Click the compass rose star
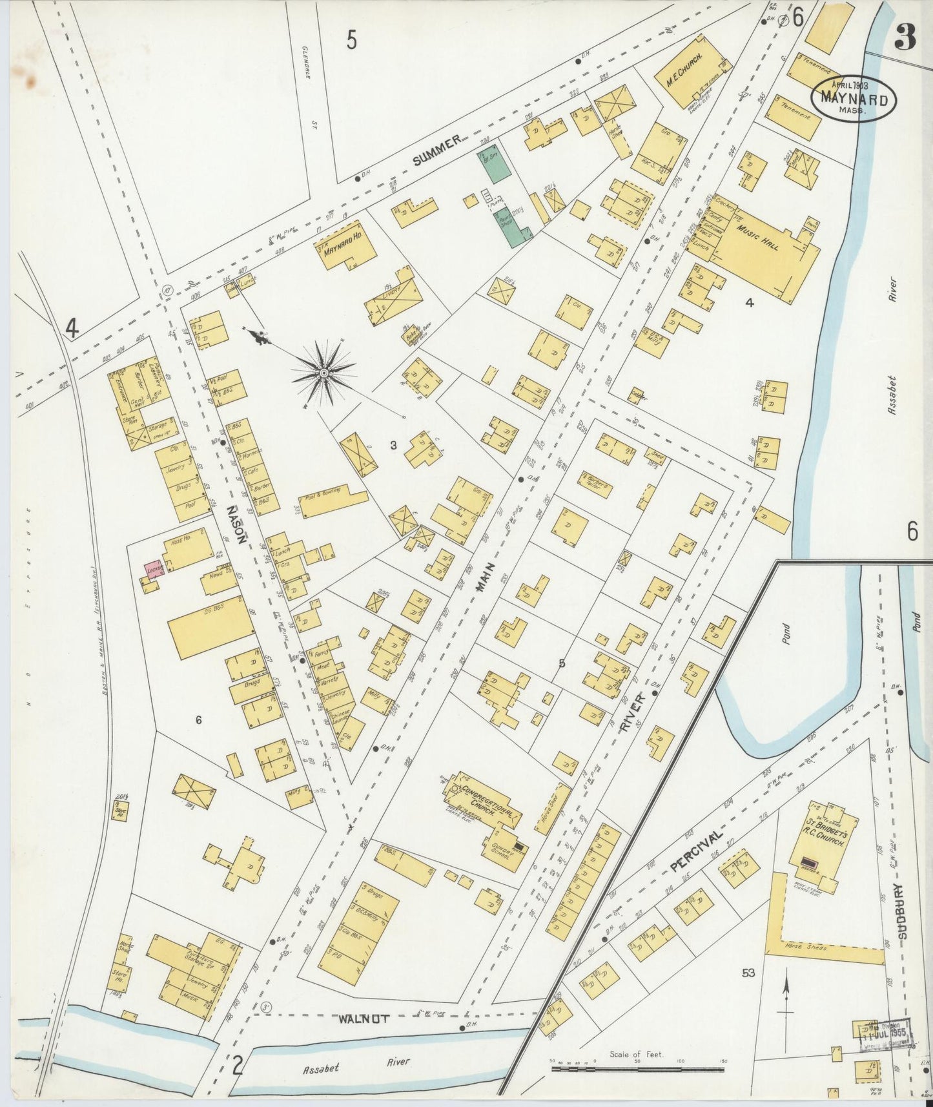[323, 373]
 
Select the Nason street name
[234, 526]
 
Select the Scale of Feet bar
[638, 1069]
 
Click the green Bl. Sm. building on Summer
[494, 164]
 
